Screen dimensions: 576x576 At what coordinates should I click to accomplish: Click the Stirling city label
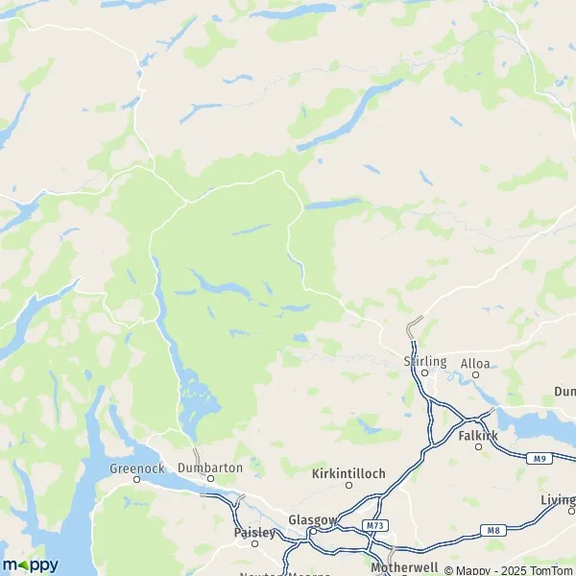click(425, 361)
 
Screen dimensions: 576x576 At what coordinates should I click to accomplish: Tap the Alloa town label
click(475, 364)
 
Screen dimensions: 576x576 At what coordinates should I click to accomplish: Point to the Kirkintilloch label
click(348, 473)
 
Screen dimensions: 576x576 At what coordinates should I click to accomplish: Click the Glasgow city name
click(312, 521)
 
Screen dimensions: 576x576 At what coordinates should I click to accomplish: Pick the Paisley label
click(254, 531)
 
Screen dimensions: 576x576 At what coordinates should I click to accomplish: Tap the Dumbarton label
click(210, 467)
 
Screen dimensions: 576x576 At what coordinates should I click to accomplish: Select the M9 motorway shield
click(540, 460)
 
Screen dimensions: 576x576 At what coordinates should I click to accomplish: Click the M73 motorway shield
click(374, 526)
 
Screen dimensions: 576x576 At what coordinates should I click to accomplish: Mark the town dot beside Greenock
click(137, 478)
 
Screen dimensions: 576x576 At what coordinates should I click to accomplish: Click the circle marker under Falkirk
click(478, 446)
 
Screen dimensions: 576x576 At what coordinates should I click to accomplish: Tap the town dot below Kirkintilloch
click(348, 485)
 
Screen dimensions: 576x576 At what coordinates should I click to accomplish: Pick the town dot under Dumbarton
click(210, 478)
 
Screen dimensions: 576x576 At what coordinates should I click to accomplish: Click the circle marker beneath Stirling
click(424, 372)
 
